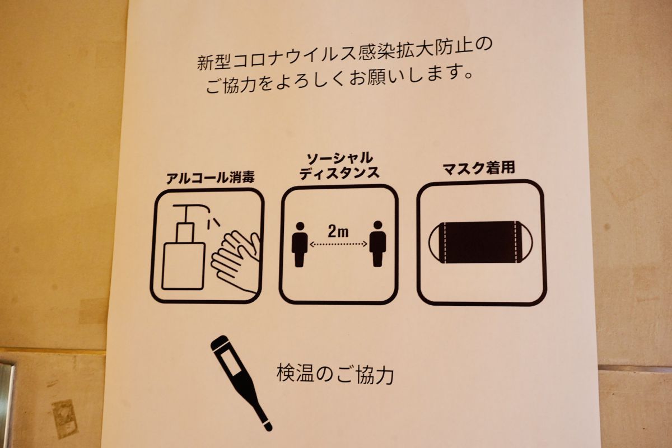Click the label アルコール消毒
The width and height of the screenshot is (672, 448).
[211, 179]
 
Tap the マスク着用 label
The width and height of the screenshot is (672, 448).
[478, 168]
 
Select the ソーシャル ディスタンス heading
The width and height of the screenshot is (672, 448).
[339, 165]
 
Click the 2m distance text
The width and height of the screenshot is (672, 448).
[338, 230]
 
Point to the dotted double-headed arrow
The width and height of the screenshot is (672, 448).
[338, 244]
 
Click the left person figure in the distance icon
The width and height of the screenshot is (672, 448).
[300, 244]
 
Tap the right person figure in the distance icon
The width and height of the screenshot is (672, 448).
[377, 244]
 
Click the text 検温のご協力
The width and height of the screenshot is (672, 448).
[335, 374]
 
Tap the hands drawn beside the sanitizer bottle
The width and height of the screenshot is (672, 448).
[236, 260]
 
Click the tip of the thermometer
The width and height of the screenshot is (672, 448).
[268, 427]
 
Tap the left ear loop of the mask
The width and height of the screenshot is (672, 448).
[436, 242]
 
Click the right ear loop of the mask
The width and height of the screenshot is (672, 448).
[523, 242]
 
